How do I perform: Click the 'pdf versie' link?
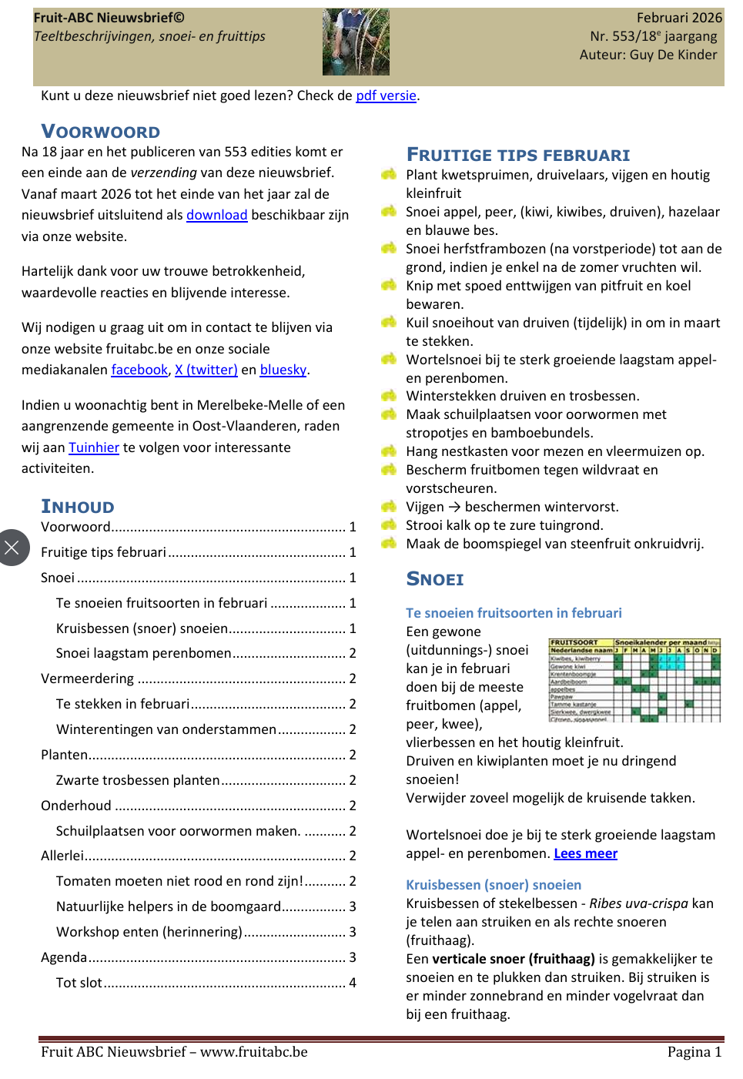point(386,96)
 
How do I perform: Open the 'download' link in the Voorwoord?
point(216,216)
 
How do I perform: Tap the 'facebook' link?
point(139,370)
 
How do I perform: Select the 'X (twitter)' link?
point(206,370)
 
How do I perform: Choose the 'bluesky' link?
point(283,370)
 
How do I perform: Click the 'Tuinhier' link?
point(94,448)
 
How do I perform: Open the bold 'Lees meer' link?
point(585,853)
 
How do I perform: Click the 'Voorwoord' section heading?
point(101,132)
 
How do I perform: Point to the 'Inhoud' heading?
point(78,507)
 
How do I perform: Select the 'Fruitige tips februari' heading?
point(518,156)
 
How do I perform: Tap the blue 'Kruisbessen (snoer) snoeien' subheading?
point(494,885)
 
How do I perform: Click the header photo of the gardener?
point(356,42)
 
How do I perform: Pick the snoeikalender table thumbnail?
point(634,680)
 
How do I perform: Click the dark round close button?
point(12,548)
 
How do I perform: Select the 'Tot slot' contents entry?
point(79,983)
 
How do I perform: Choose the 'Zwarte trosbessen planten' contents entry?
point(138,780)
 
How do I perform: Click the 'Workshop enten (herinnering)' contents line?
point(149,932)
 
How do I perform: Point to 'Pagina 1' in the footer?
point(694,1052)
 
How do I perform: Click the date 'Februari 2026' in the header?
point(679,18)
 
